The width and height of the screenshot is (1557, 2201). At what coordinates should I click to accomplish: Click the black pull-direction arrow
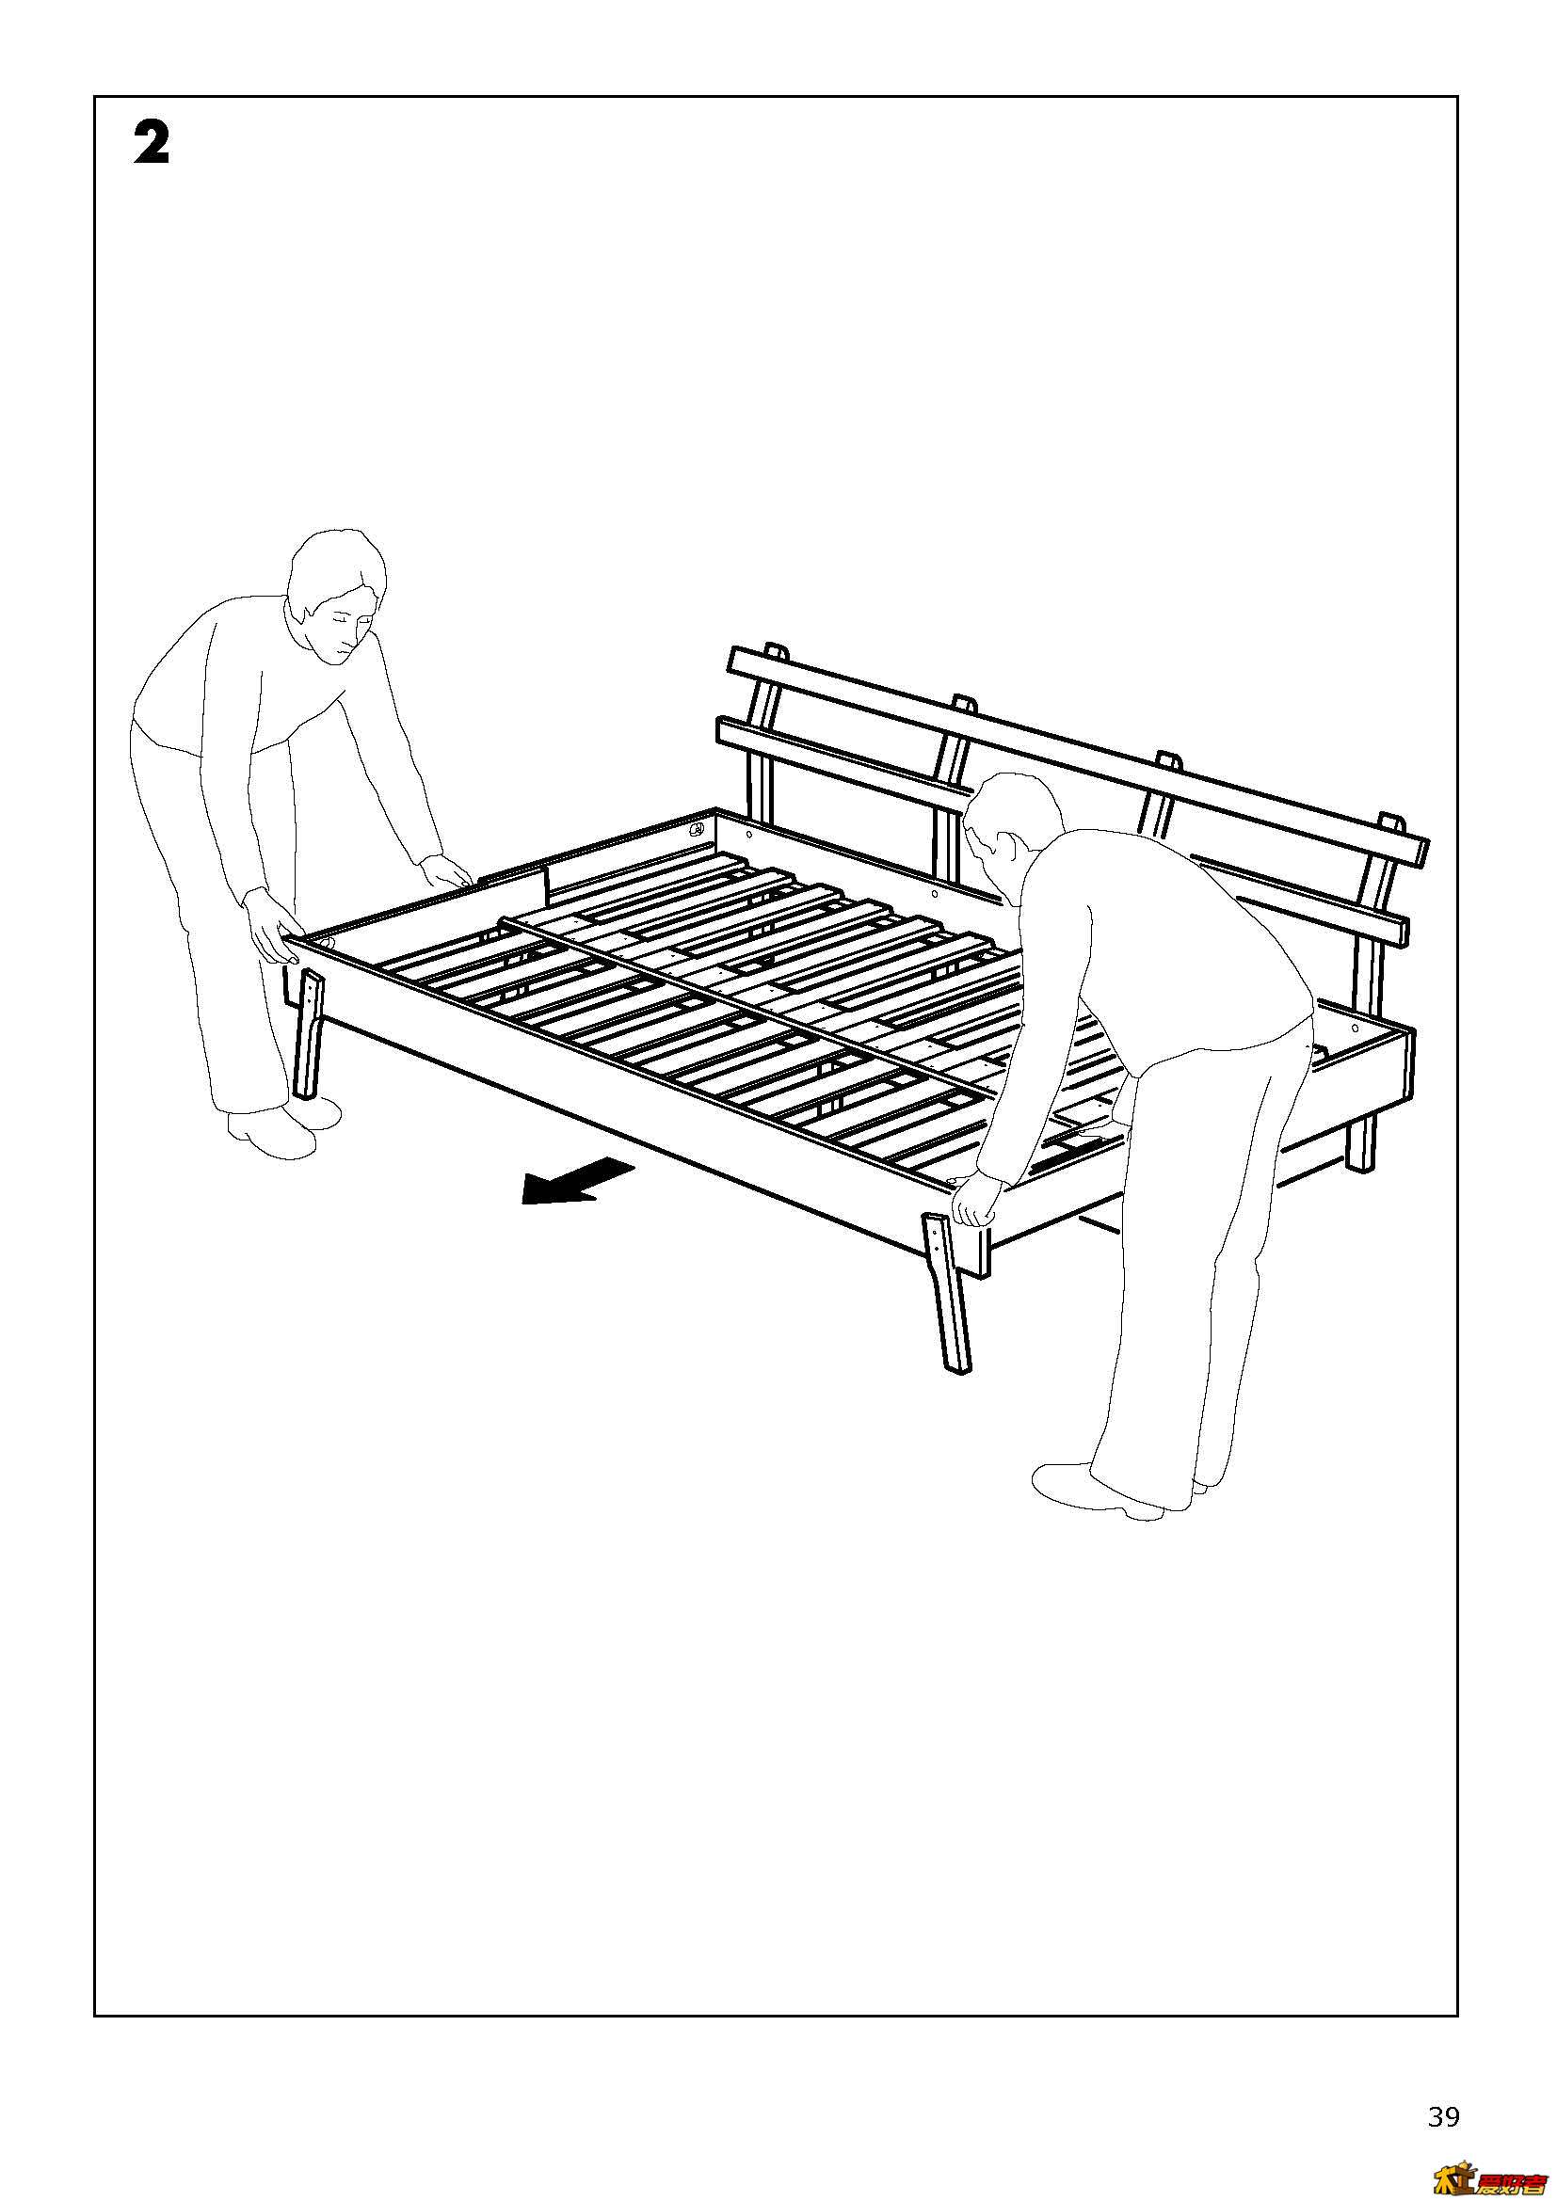pyautogui.click(x=576, y=1181)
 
